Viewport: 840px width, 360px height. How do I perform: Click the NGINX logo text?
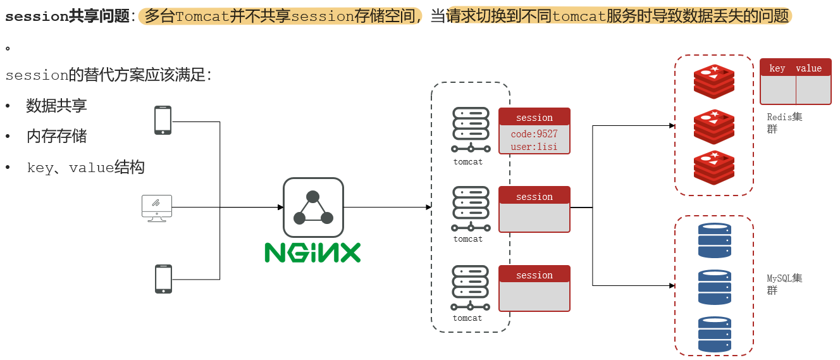click(x=312, y=252)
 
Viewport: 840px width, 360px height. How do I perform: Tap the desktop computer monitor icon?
click(x=157, y=208)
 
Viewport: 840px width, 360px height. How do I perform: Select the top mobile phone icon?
click(x=163, y=120)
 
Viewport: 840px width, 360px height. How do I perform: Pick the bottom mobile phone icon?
click(x=163, y=278)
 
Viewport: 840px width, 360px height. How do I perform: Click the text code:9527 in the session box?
click(x=534, y=134)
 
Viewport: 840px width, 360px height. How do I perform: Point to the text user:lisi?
click(x=534, y=147)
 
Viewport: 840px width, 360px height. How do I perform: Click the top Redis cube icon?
click(x=714, y=82)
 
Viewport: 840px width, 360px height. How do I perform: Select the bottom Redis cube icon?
click(x=714, y=168)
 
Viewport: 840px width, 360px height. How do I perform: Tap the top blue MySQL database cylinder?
click(x=714, y=240)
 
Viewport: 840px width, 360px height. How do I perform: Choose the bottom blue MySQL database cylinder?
click(x=714, y=334)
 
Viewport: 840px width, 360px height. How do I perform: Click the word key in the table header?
click(x=777, y=68)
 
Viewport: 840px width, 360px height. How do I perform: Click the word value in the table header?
click(x=808, y=68)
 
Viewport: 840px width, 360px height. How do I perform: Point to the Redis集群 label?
click(x=784, y=123)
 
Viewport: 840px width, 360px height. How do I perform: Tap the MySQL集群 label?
click(x=784, y=284)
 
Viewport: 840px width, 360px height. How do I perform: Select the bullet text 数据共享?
click(x=57, y=106)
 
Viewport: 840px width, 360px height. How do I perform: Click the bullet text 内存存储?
click(x=57, y=136)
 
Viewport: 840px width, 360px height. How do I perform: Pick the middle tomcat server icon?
click(x=471, y=209)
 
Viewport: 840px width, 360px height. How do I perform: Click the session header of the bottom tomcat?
click(x=534, y=275)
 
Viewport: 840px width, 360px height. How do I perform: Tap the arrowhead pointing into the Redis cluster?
click(x=672, y=126)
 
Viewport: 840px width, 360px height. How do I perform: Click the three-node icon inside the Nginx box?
click(x=313, y=208)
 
